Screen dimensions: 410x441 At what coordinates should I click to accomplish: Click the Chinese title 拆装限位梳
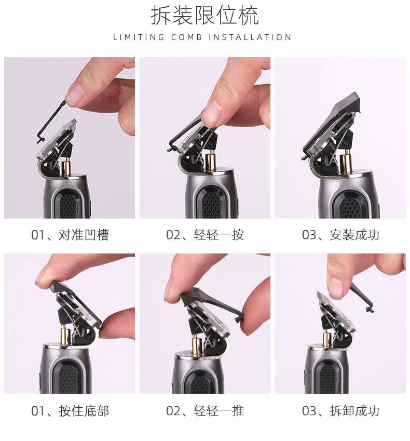204,16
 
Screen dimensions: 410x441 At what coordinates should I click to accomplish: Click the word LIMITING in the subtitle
139,37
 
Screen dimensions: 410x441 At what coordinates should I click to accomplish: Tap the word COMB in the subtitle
187,37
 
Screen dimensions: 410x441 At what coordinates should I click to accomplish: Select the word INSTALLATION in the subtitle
250,37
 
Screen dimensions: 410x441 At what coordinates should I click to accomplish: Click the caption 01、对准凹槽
70,235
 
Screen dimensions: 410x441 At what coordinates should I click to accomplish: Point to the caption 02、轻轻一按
205,235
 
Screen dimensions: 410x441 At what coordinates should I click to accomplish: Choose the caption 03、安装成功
340,235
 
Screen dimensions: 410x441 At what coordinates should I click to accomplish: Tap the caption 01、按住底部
70,411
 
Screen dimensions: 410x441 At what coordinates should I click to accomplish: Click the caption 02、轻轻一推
205,411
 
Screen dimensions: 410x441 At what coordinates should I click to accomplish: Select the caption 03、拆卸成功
340,411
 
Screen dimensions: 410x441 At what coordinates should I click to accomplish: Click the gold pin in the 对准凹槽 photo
66,167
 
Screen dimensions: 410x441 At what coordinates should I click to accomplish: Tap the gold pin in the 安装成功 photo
345,161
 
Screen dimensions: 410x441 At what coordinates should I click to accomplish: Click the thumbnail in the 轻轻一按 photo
211,113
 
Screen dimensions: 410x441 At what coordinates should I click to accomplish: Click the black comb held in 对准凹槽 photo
52,122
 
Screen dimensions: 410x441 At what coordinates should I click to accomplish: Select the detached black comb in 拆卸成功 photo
362,298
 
